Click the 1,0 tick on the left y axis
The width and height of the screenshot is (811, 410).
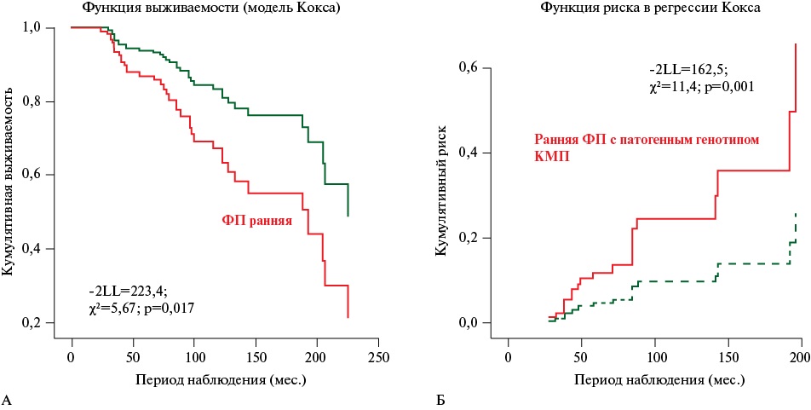(43, 28)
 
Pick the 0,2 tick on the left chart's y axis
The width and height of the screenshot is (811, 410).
(43, 323)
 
